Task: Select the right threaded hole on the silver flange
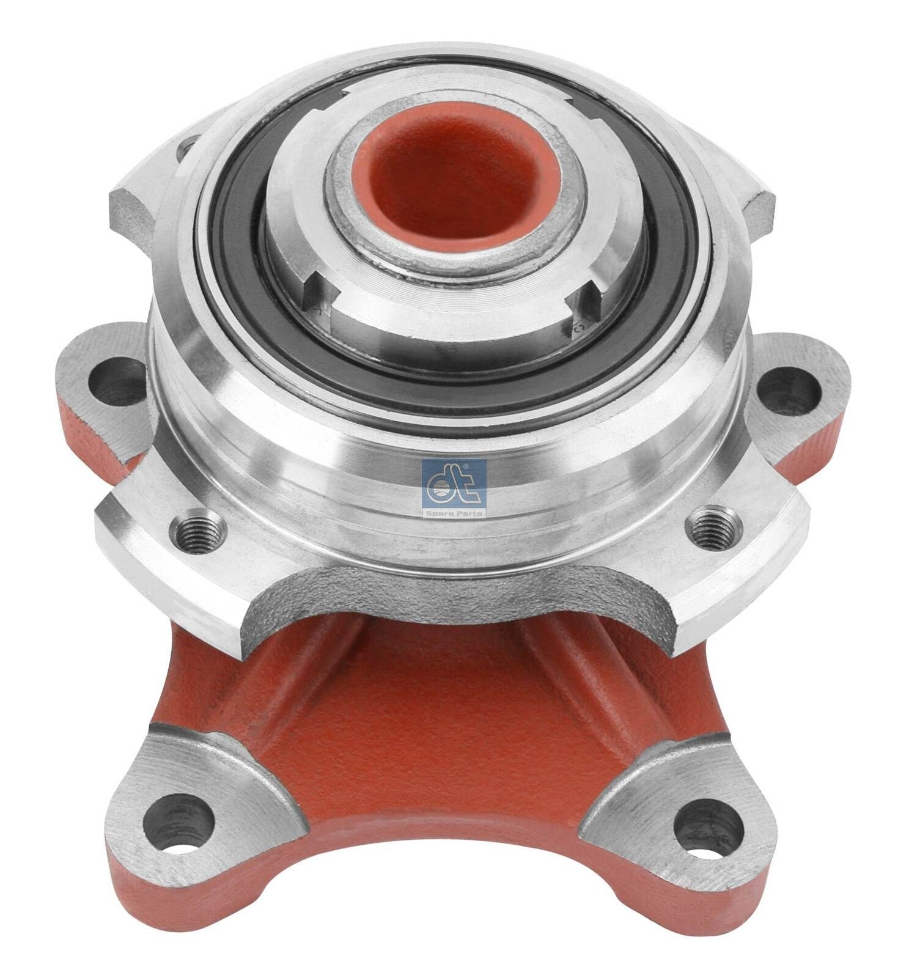pyautogui.click(x=712, y=527)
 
